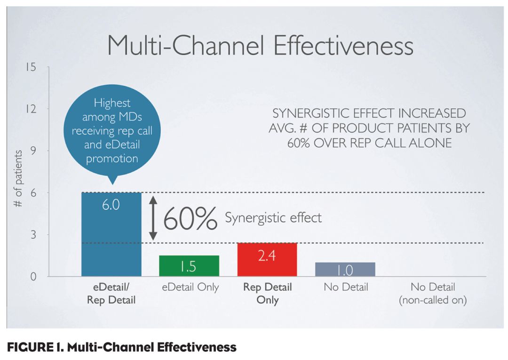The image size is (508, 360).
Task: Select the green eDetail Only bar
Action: coord(189,266)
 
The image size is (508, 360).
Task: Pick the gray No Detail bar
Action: coord(345,269)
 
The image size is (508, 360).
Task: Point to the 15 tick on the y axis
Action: coord(31,67)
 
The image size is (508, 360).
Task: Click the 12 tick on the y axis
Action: coord(31,109)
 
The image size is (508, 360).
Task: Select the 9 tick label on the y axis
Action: coord(33,151)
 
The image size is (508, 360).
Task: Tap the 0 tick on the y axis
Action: coord(33,276)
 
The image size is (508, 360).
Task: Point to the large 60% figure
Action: coord(190,218)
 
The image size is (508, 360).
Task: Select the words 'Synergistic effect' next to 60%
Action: coord(273,218)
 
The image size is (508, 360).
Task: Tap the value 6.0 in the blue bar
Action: coord(111,205)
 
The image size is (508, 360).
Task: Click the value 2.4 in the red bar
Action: coord(267,257)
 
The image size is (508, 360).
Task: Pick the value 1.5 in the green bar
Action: coord(189,267)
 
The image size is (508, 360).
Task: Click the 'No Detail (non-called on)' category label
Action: coord(433,294)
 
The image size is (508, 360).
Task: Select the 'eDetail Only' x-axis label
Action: coord(190,287)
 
